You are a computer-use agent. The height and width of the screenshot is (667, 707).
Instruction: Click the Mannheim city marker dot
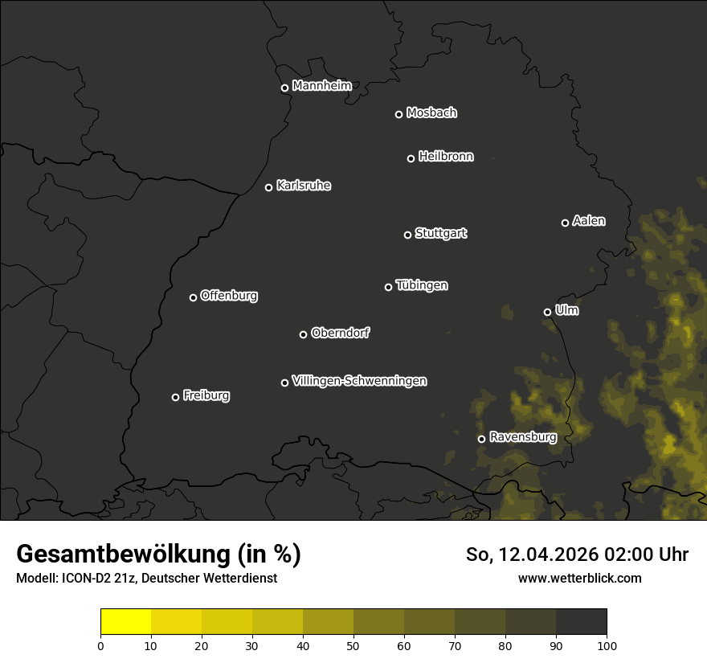point(284,88)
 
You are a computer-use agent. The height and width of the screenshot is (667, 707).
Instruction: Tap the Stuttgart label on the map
point(440,233)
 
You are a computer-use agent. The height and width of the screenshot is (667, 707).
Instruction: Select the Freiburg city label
point(206,395)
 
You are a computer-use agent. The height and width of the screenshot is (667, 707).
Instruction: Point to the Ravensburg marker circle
point(481,439)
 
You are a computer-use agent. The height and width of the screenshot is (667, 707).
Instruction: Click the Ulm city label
point(566,310)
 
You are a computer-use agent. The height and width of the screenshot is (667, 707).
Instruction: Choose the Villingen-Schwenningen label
point(359,381)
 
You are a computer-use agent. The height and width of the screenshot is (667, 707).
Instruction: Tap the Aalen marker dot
point(565,223)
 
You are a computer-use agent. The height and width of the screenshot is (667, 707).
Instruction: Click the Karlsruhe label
point(303,186)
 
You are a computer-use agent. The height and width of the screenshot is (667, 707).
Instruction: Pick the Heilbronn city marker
point(411,158)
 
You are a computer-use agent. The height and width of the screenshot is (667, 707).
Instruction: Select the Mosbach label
point(431,113)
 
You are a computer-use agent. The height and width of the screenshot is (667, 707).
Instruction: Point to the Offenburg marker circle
point(193,297)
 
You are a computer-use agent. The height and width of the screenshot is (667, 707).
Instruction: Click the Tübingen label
point(422,285)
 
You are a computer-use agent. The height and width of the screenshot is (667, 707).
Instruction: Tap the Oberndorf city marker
point(303,334)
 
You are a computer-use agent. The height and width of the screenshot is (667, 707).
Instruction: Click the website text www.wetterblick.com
point(579,578)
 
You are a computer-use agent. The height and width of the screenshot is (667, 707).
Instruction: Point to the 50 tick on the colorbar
point(353,644)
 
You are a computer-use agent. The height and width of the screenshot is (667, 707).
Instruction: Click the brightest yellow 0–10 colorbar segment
point(126,621)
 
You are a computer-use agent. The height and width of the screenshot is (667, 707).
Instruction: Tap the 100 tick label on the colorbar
point(607,644)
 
